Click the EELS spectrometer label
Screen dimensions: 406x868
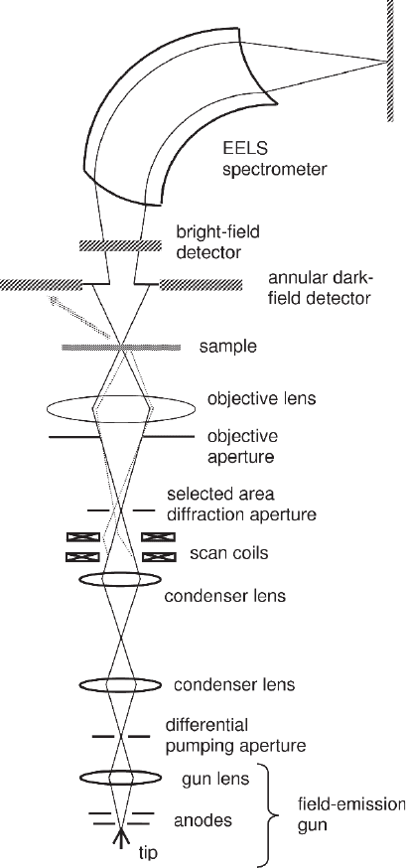click(274, 158)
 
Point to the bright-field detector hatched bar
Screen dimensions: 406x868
click(120, 245)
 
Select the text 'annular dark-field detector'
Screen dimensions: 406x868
click(319, 288)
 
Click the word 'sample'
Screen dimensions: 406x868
click(228, 347)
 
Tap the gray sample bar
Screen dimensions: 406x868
click(120, 347)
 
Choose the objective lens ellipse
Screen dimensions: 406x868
click(121, 409)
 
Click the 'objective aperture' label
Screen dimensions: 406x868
click(242, 446)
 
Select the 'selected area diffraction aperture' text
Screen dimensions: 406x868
click(241, 505)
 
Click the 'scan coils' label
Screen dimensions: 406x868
click(228, 552)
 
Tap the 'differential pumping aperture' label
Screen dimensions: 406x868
click(235, 735)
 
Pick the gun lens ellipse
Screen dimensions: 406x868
click(121, 778)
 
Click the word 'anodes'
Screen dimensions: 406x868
click(203, 820)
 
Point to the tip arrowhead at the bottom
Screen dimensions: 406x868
click(120, 837)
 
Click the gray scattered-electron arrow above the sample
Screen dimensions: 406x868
click(84, 319)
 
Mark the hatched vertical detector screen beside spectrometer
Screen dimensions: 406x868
click(390, 60)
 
